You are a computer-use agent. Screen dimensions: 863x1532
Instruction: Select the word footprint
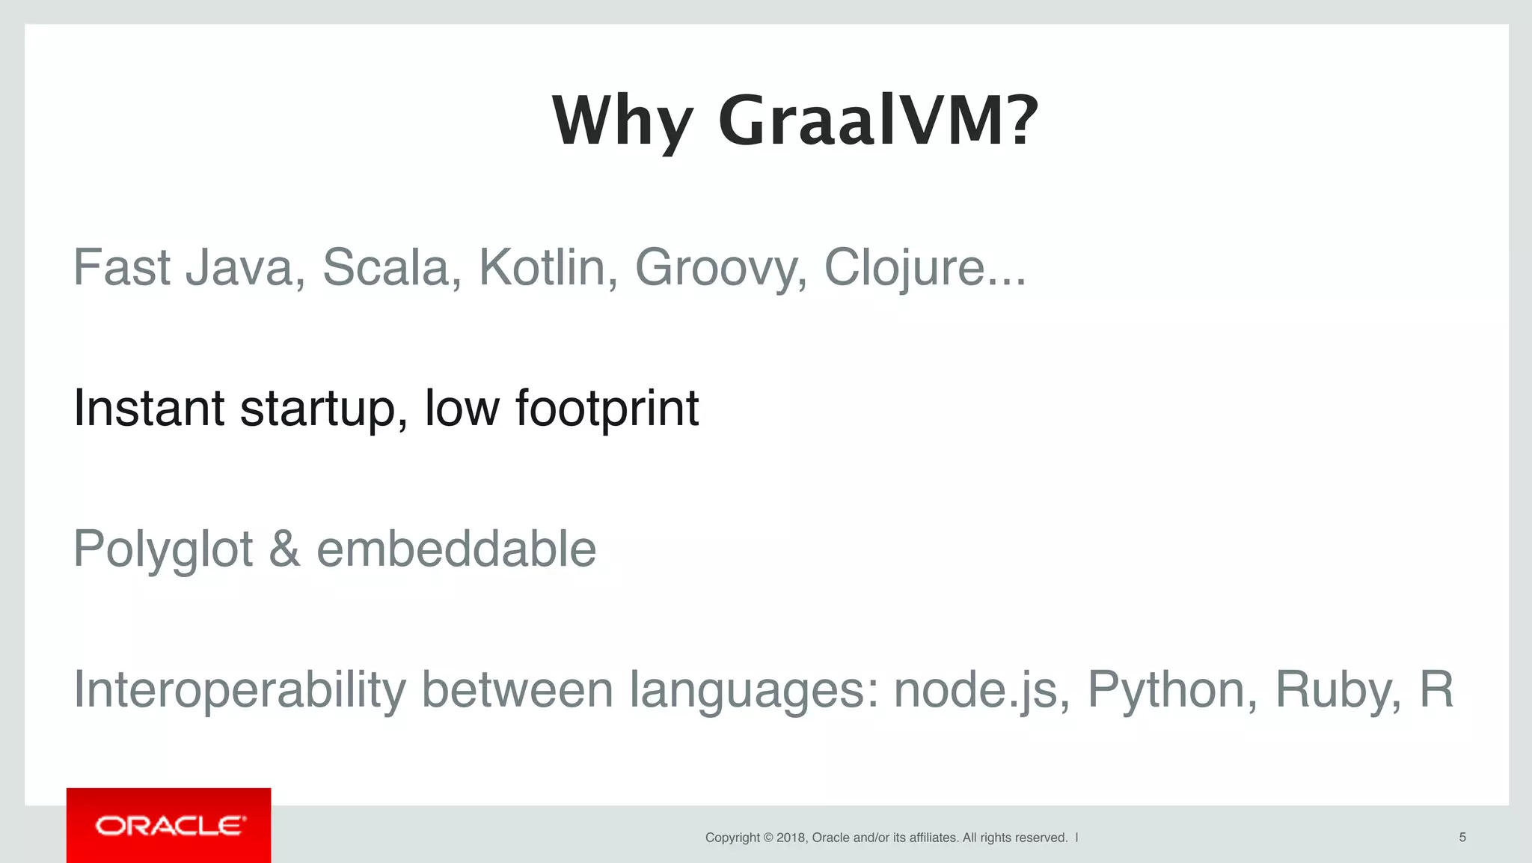pyautogui.click(x=607, y=410)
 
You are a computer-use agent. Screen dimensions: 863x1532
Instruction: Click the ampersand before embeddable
pyautogui.click(x=284, y=549)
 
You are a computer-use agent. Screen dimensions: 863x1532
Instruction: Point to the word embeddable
pyautogui.click(x=456, y=549)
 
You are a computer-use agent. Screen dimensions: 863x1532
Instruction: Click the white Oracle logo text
pyautogui.click(x=170, y=826)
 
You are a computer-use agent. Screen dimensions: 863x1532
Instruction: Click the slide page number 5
pyautogui.click(x=1462, y=838)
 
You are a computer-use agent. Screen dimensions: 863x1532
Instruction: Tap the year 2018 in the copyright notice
pyautogui.click(x=791, y=838)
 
